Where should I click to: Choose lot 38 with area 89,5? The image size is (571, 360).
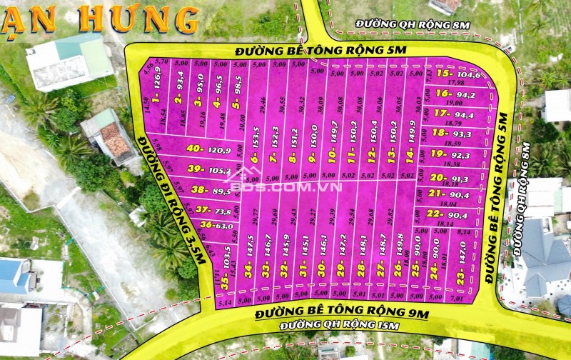point(210,191)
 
